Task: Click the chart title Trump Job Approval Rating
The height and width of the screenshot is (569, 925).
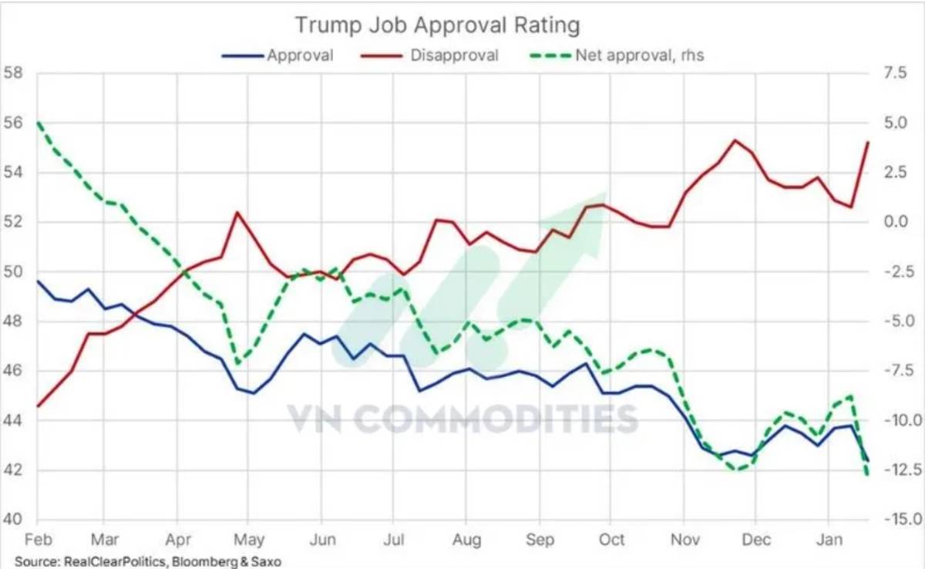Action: coord(437,25)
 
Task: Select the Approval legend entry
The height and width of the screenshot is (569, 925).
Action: coord(300,56)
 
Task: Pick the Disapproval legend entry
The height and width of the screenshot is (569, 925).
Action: coord(454,56)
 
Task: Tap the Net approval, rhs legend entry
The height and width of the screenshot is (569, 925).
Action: coord(639,56)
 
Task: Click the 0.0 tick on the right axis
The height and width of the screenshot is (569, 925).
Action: coord(898,222)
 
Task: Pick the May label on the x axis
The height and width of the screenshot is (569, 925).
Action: coord(248,539)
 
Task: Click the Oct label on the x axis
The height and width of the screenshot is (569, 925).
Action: coord(611,539)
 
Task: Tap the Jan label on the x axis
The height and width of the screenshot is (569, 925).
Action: coord(829,539)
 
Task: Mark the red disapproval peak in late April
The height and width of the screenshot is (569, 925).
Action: coord(237,212)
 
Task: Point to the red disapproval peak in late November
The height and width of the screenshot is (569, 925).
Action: coord(735,140)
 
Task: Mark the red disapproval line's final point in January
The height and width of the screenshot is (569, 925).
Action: coord(868,143)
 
